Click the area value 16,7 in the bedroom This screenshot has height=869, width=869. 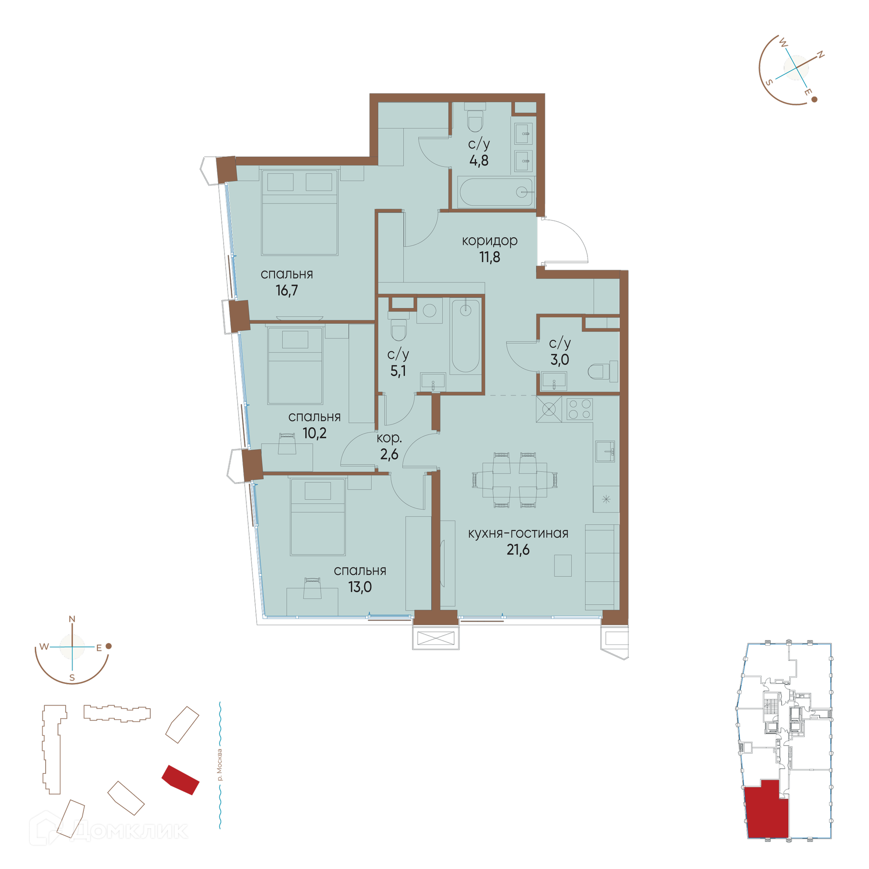[x=286, y=290]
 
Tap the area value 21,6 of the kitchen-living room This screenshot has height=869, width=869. [x=518, y=549]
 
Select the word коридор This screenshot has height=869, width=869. [x=489, y=241]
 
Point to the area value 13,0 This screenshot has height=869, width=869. [x=360, y=587]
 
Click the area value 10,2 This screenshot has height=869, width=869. [x=314, y=433]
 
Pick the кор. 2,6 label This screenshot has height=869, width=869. [x=389, y=446]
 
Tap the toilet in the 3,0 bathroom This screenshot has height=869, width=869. [x=602, y=371]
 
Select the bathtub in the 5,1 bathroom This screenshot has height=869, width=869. [x=465, y=336]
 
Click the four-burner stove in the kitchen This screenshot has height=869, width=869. [x=579, y=409]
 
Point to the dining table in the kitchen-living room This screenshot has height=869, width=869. [x=515, y=480]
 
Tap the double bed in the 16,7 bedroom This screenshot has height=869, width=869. [x=300, y=213]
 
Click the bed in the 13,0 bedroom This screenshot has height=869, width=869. [x=318, y=517]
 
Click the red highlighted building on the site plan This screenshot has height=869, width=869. [x=181, y=780]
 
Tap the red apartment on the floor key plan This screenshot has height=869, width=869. [x=767, y=811]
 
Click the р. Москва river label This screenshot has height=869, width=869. [x=220, y=765]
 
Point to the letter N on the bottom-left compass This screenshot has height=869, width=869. [x=72, y=619]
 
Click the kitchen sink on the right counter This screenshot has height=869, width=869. [x=605, y=451]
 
